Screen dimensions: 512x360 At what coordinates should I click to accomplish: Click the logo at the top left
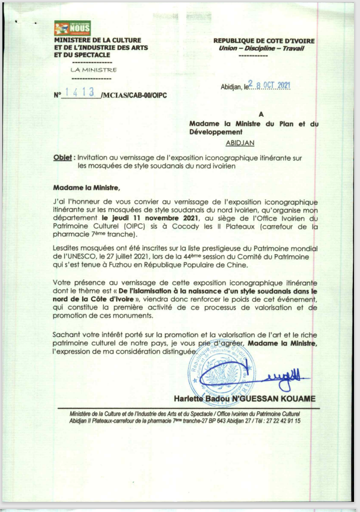pos(72,27)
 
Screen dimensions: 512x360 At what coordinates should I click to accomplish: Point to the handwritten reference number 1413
pos(82,93)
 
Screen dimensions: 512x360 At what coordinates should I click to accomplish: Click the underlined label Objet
pos(62,158)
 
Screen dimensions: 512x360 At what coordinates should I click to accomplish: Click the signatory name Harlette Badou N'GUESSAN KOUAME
pos(245,398)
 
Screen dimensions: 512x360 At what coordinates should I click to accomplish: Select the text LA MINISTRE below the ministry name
pos(93,70)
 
